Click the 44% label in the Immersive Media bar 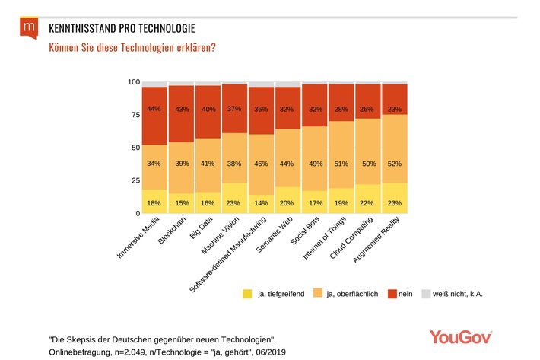154,109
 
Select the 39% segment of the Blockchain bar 181,164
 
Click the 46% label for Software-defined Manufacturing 261,164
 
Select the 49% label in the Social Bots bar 314,164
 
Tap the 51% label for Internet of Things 341,162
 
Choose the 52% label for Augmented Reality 394,164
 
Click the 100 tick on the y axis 133,82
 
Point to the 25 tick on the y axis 135,180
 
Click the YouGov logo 460,336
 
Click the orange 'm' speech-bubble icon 29,29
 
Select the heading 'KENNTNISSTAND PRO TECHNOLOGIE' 122,28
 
